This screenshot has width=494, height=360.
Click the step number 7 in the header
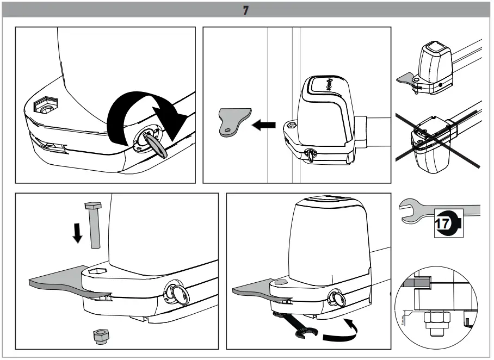click(246, 10)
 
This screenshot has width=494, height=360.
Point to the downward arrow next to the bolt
click(77, 232)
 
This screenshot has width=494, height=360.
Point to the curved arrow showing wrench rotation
click(342, 332)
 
